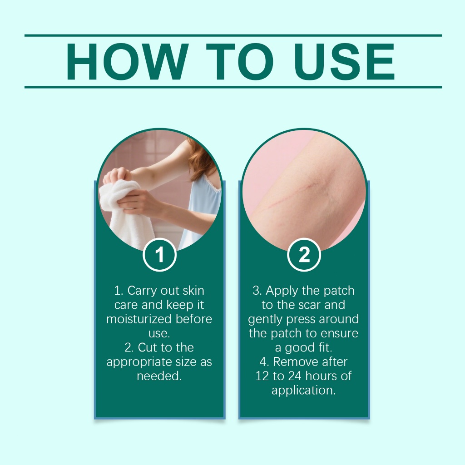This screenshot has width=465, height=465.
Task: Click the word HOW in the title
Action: (x=128, y=62)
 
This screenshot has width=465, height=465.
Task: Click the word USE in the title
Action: (x=345, y=62)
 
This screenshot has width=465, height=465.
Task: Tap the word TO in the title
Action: (x=240, y=62)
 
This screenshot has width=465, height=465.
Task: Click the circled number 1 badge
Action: (x=159, y=255)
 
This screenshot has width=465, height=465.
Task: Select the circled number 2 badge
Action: (x=304, y=255)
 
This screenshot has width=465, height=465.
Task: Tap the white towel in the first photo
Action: (x=124, y=211)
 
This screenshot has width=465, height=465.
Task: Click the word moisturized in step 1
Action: (x=139, y=319)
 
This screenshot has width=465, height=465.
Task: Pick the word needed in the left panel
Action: (x=159, y=376)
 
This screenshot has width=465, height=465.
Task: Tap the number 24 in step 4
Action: (x=295, y=376)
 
